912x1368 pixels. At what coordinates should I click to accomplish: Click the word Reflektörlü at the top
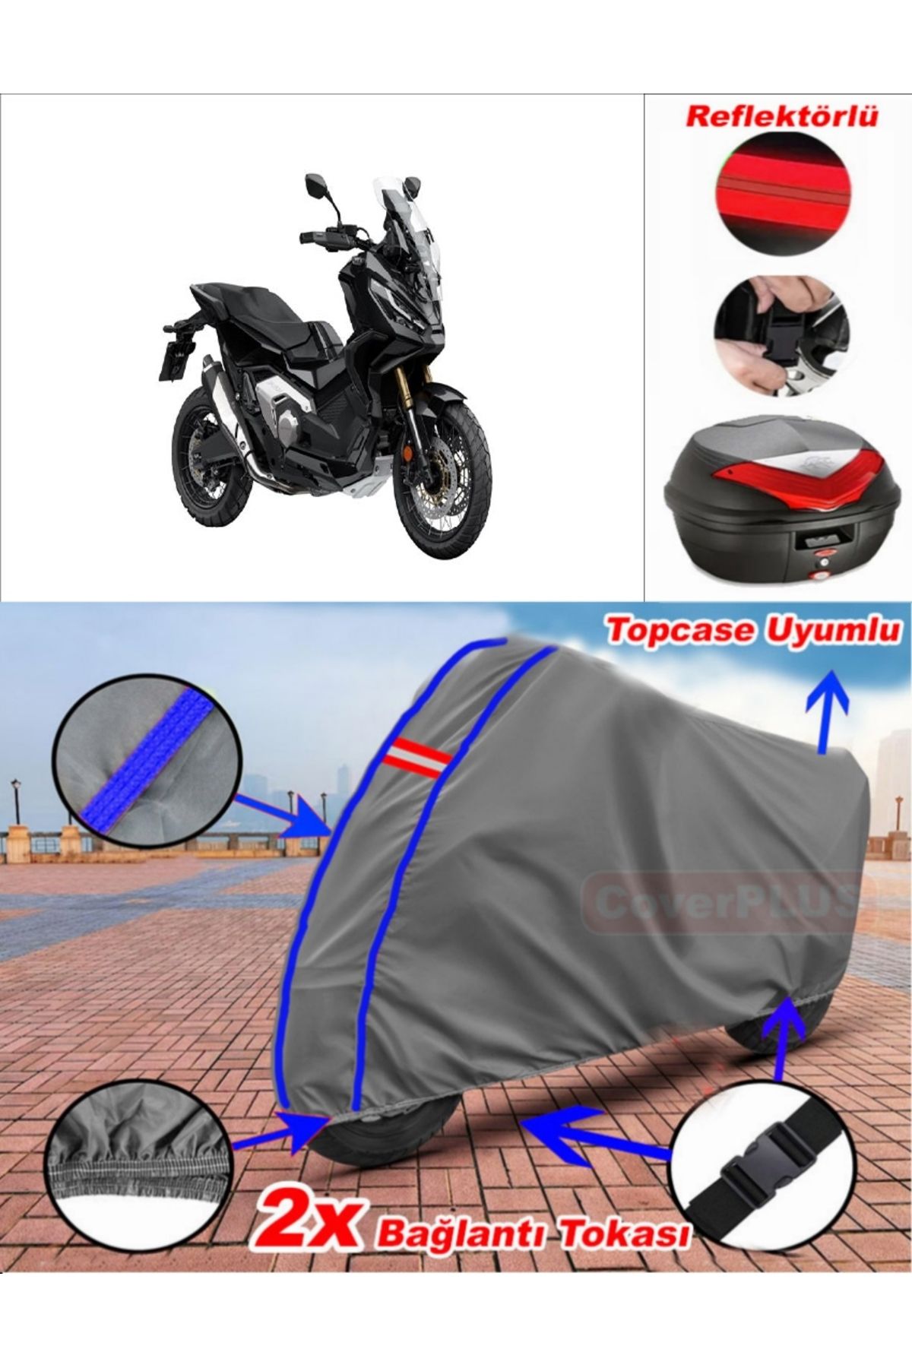(x=781, y=117)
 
